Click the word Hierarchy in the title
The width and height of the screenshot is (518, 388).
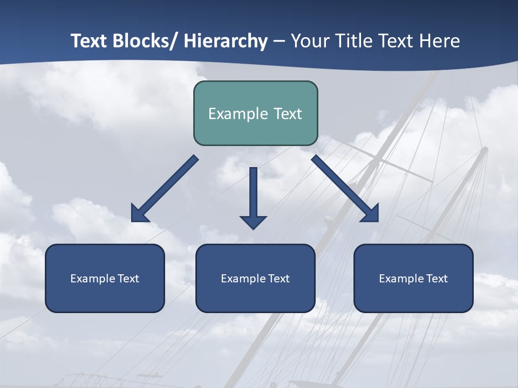point(226,41)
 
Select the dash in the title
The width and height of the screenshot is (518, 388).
point(279,41)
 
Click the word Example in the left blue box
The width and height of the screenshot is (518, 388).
point(93,279)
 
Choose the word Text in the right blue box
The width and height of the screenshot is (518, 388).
point(437,279)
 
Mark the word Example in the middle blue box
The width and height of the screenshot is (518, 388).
point(243,279)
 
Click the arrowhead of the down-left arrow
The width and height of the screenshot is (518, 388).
point(139,214)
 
